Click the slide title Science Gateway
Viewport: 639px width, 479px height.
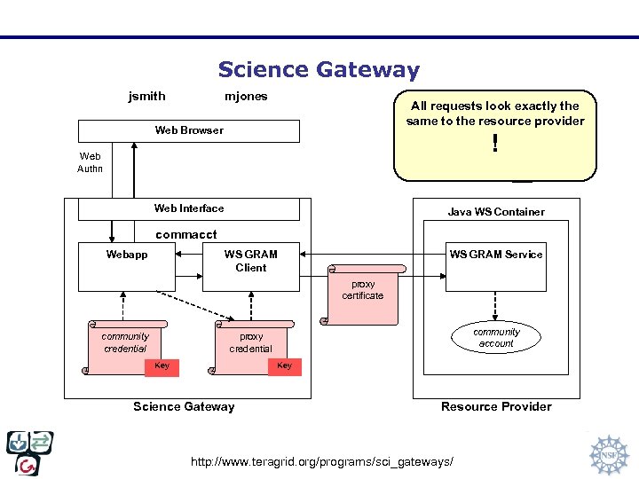click(x=319, y=69)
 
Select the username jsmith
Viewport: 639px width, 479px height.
click(x=146, y=96)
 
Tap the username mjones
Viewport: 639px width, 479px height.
click(x=246, y=96)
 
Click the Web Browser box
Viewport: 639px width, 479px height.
click(x=189, y=130)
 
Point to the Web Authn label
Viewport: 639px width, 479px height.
click(x=91, y=162)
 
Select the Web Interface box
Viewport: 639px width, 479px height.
click(x=189, y=208)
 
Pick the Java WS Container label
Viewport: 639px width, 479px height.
click(x=496, y=212)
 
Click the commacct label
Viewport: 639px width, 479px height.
click(x=186, y=235)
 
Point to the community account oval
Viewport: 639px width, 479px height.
click(x=496, y=338)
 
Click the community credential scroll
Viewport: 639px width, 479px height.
click(x=125, y=342)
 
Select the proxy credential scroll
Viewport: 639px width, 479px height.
click(x=251, y=342)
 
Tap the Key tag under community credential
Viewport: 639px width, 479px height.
click(x=162, y=366)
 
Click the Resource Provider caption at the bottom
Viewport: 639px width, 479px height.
click(x=496, y=406)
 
